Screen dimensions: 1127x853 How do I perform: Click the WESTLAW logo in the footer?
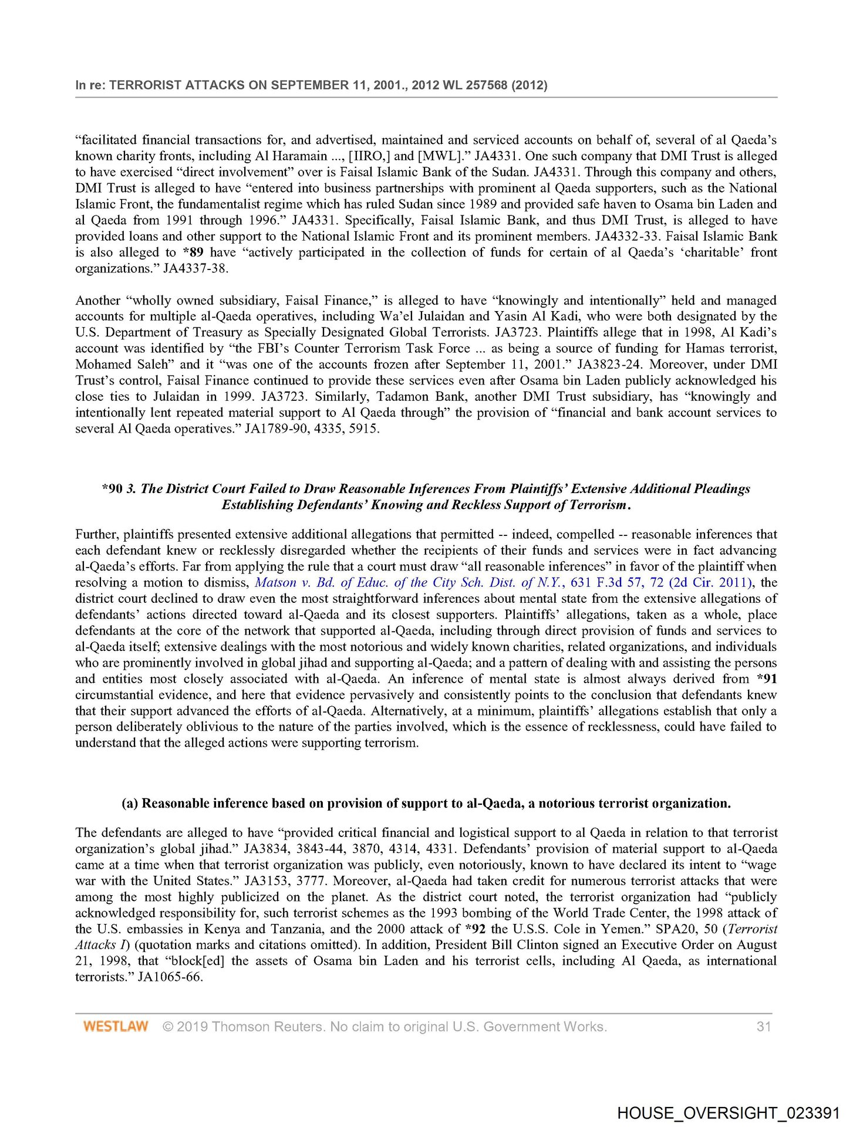coord(115,1026)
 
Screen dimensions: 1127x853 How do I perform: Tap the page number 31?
coord(763,1026)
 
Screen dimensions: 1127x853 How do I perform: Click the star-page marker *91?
coord(766,679)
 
